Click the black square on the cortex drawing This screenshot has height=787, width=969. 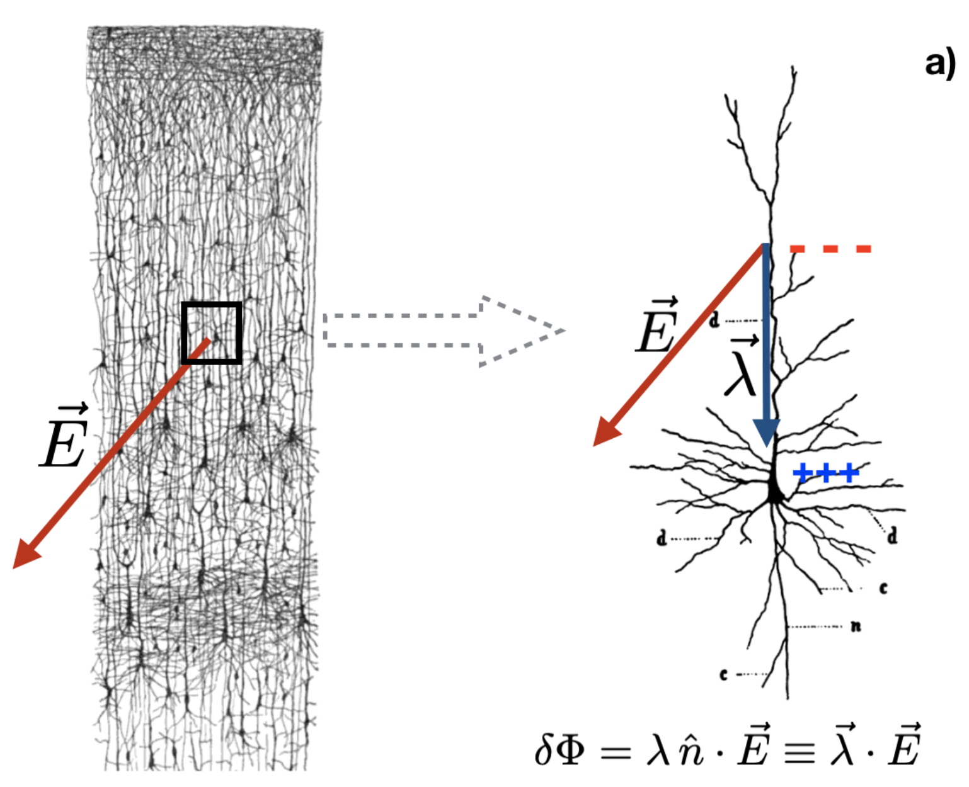point(212,333)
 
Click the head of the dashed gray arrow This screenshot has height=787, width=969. point(522,331)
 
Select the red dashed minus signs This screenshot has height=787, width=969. point(830,249)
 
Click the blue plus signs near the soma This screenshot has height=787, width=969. point(826,473)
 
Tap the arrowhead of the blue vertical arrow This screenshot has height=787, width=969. point(767,433)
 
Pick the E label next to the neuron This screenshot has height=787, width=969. point(657,325)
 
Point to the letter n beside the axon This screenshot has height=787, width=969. point(856,626)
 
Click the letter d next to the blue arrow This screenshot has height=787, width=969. point(714,320)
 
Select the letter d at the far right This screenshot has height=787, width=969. point(893,536)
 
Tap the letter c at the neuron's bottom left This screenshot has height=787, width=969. point(724,674)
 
